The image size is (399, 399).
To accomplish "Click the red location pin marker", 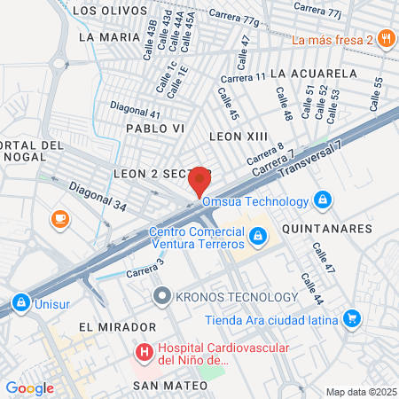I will (199, 181).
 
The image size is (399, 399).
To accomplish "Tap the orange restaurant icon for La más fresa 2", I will (386, 38).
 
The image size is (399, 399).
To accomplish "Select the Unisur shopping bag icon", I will (20, 303).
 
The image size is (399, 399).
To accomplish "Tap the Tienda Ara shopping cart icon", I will (352, 317).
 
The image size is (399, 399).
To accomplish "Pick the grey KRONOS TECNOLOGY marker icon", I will (160, 296).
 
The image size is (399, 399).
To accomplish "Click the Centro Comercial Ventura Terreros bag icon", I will (257, 236).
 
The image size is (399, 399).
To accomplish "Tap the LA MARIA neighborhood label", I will (106, 37).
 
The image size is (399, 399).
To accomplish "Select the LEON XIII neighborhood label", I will (237, 136).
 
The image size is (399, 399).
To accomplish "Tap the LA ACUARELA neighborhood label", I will (313, 73).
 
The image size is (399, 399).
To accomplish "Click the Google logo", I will (29, 387).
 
